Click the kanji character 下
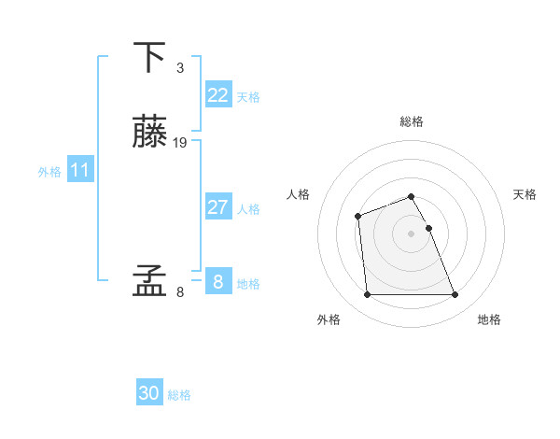click(x=149, y=57)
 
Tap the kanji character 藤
click(x=149, y=132)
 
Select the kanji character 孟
click(x=149, y=280)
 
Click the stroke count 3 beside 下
click(x=179, y=68)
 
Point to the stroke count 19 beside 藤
click(x=180, y=143)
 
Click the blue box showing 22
click(x=217, y=95)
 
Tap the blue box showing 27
click(x=217, y=207)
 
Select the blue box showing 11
click(x=80, y=170)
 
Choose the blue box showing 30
click(x=149, y=393)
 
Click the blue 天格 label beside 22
click(x=248, y=97)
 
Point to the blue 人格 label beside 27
click(x=248, y=209)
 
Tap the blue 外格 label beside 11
click(x=49, y=172)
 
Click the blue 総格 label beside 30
click(x=180, y=395)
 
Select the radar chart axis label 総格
click(x=412, y=121)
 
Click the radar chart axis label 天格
click(x=525, y=194)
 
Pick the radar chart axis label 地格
click(x=489, y=319)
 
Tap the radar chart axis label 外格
click(x=329, y=319)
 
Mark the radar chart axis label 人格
click(x=299, y=194)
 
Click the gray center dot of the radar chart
click(x=411, y=233)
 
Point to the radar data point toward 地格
click(x=455, y=295)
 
